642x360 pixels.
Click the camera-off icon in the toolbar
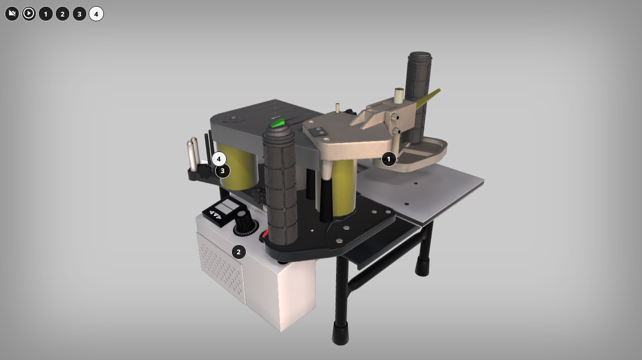(x=12, y=14)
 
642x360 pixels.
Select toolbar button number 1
(x=46, y=14)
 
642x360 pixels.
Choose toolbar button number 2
(x=62, y=14)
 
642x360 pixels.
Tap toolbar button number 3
(x=79, y=14)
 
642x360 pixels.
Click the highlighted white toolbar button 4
(x=96, y=14)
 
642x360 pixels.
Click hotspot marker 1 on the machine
(x=389, y=159)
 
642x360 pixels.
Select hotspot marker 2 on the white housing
(x=238, y=252)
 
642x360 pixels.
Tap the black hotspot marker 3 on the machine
(x=222, y=171)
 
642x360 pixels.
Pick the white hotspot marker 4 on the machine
(x=219, y=159)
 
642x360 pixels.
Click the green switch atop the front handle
(x=278, y=123)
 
